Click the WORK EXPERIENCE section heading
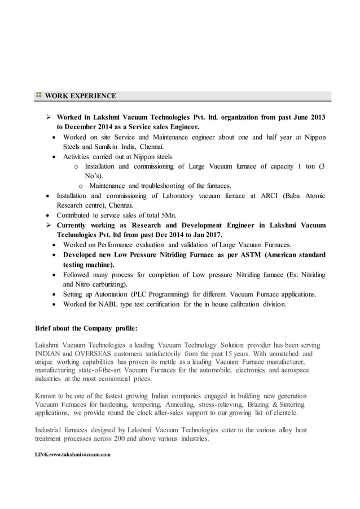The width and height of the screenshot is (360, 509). point(81,95)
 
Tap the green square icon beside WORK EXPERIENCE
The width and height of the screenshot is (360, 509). point(38,95)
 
